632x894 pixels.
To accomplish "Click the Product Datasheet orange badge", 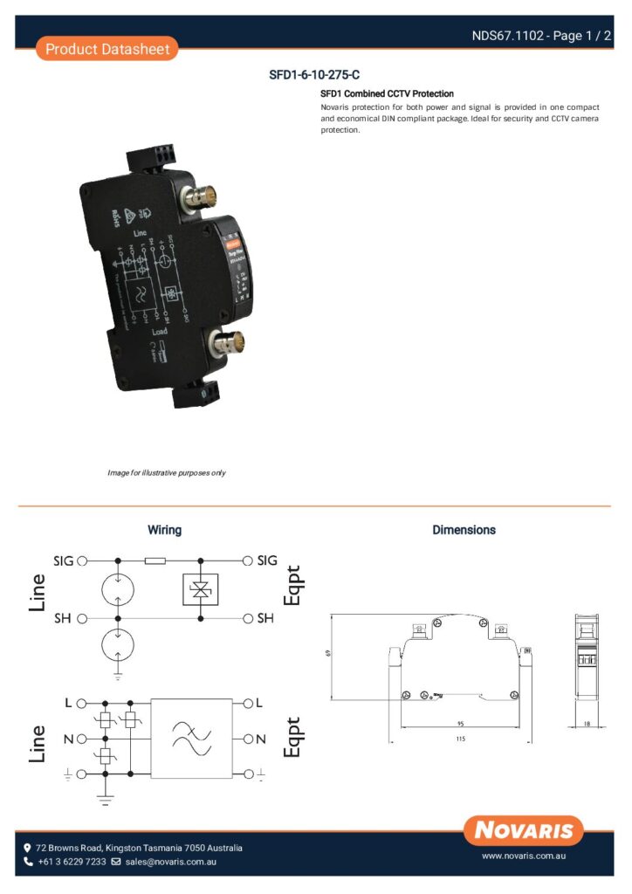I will tap(107, 49).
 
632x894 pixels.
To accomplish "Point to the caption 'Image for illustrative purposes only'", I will tap(167, 472).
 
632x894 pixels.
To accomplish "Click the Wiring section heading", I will tap(164, 530).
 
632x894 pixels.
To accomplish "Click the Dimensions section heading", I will tap(464, 530).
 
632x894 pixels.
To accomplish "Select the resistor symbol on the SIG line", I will tap(156, 560).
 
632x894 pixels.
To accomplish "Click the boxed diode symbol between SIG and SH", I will tap(201, 590).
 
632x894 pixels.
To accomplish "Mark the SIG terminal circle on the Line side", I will tap(82, 560).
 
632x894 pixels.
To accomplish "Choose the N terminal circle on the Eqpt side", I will tap(249, 739).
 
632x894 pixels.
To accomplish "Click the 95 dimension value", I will tap(460, 723).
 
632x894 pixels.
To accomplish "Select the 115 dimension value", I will tap(460, 739).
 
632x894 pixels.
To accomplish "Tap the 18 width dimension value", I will tap(587, 724).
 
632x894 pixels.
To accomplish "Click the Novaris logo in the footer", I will tap(524, 829).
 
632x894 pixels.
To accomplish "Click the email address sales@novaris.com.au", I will tap(170, 862).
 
